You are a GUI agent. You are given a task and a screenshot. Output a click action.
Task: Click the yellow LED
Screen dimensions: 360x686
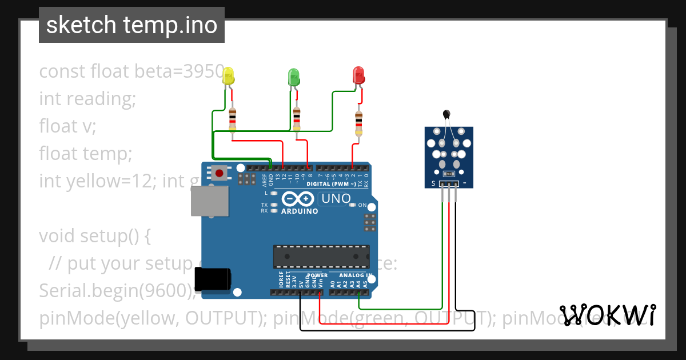point(228,76)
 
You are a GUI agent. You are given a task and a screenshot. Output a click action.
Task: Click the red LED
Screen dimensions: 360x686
point(358,75)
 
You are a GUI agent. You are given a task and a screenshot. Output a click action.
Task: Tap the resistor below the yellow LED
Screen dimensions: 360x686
point(232,118)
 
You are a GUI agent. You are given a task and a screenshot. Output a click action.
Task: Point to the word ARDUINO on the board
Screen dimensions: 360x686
point(300,211)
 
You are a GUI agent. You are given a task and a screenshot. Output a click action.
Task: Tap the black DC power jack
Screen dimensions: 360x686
point(213,279)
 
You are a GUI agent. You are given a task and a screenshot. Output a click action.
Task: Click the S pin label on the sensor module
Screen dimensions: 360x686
point(433,183)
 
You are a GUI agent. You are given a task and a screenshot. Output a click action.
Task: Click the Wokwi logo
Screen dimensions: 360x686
point(608,315)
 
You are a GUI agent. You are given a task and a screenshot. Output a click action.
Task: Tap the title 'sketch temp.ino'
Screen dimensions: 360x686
point(131,25)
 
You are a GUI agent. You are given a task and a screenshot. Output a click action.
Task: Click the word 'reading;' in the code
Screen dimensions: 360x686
point(101,99)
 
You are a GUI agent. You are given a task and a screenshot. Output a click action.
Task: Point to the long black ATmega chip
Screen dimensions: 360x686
point(321,256)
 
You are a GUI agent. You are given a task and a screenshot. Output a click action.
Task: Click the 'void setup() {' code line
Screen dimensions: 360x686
point(95,236)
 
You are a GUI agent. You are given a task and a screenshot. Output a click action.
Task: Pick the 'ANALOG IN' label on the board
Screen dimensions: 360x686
point(352,275)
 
